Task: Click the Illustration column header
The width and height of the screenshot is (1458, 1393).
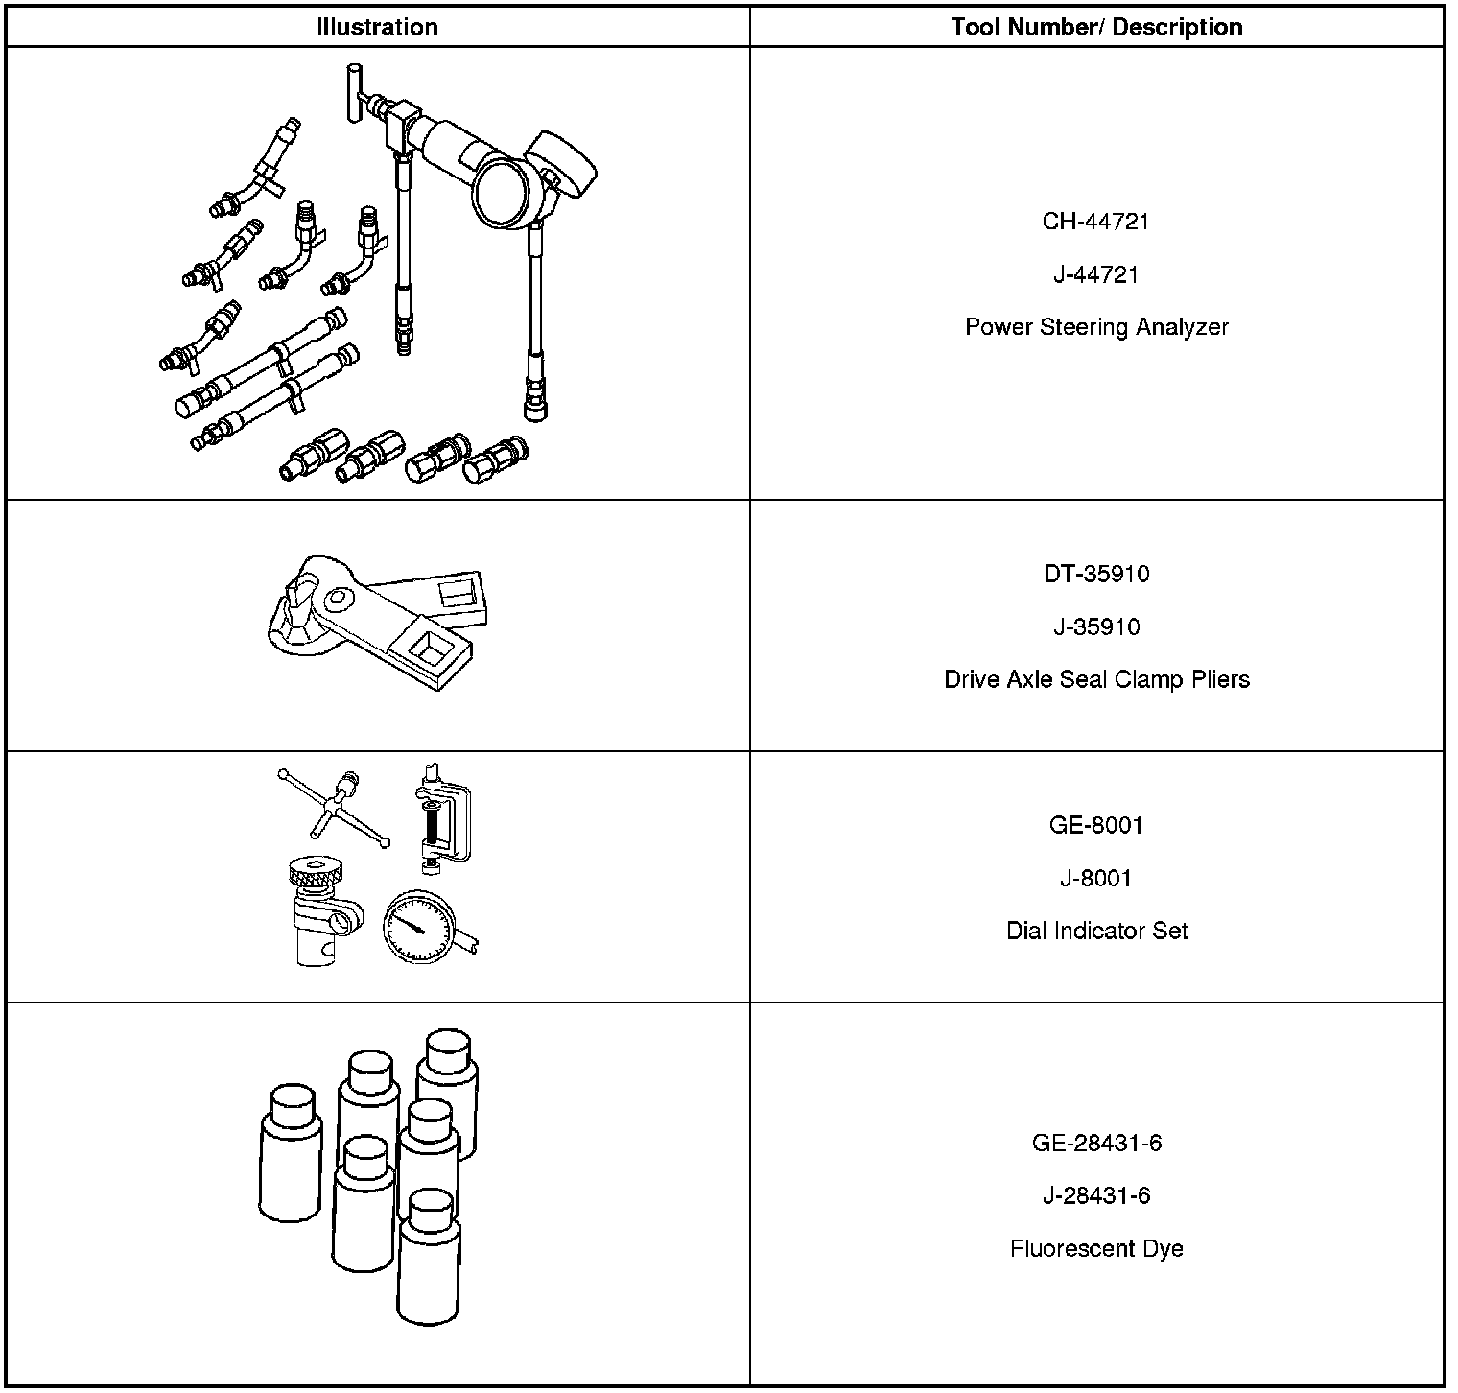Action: pyautogui.click(x=377, y=28)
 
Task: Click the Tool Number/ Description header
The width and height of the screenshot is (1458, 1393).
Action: pyautogui.click(x=1096, y=28)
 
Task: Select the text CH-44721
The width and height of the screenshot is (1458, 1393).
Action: pyautogui.click(x=1095, y=222)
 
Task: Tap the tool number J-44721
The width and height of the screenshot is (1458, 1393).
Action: pyautogui.click(x=1095, y=274)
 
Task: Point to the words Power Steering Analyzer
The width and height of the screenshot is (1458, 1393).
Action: pyautogui.click(x=1095, y=327)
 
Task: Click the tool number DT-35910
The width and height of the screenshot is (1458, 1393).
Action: pyautogui.click(x=1095, y=574)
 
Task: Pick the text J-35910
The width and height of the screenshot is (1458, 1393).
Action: pyautogui.click(x=1095, y=626)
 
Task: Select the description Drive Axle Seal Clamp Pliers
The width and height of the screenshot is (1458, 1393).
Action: pyautogui.click(x=1095, y=679)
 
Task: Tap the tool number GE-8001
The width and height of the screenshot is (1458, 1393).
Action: pyautogui.click(x=1095, y=825)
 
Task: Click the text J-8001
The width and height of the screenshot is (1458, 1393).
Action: pyautogui.click(x=1095, y=878)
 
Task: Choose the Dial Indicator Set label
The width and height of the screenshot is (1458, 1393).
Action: pyautogui.click(x=1095, y=931)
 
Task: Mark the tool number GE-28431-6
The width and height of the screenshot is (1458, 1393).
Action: pyautogui.click(x=1095, y=1143)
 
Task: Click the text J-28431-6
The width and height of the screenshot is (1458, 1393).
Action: pyautogui.click(x=1095, y=1195)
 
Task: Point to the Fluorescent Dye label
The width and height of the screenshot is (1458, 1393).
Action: pyautogui.click(x=1095, y=1248)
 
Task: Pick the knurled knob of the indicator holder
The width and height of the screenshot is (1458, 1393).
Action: pyautogui.click(x=317, y=872)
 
